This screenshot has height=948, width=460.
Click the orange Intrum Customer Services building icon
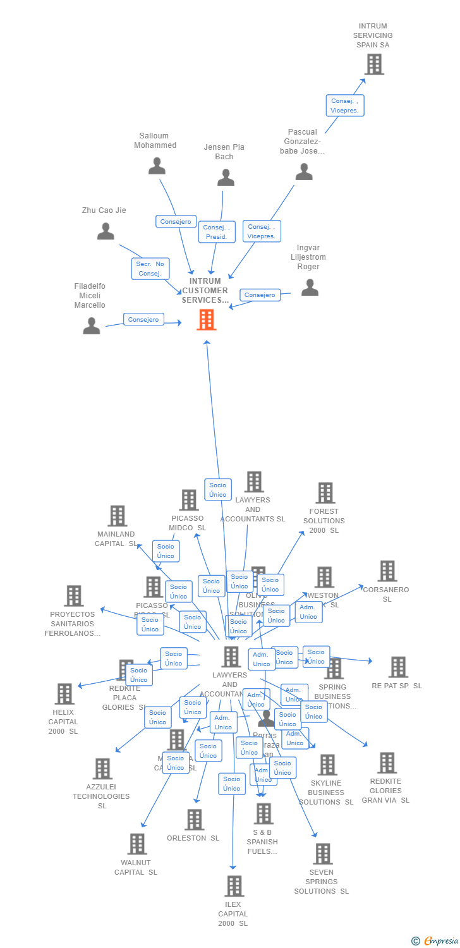(x=207, y=320)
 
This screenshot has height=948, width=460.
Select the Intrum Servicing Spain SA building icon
(x=374, y=64)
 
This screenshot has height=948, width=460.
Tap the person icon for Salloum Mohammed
(x=157, y=166)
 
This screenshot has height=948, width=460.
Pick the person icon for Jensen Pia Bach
(x=226, y=178)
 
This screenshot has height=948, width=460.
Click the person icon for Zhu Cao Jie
(x=106, y=231)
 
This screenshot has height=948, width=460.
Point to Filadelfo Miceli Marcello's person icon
(x=92, y=325)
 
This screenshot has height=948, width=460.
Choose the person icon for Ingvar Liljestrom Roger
(x=310, y=288)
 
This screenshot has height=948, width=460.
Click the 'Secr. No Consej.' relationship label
(x=150, y=269)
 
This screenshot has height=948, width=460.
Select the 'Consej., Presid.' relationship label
(x=217, y=232)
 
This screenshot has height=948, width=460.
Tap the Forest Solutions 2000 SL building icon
(x=325, y=493)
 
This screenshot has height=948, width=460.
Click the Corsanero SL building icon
(x=387, y=571)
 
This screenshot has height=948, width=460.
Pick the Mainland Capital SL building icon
(x=118, y=516)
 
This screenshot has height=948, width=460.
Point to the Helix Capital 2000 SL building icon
(x=64, y=694)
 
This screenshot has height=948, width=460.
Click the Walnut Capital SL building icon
(x=137, y=844)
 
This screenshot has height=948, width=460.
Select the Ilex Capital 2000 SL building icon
(x=234, y=886)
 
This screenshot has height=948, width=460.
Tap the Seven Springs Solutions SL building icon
(x=322, y=854)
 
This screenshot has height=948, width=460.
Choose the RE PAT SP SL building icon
(x=398, y=667)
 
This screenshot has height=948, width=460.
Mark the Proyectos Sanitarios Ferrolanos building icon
(x=74, y=596)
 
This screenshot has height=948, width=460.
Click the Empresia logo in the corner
(x=436, y=941)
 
